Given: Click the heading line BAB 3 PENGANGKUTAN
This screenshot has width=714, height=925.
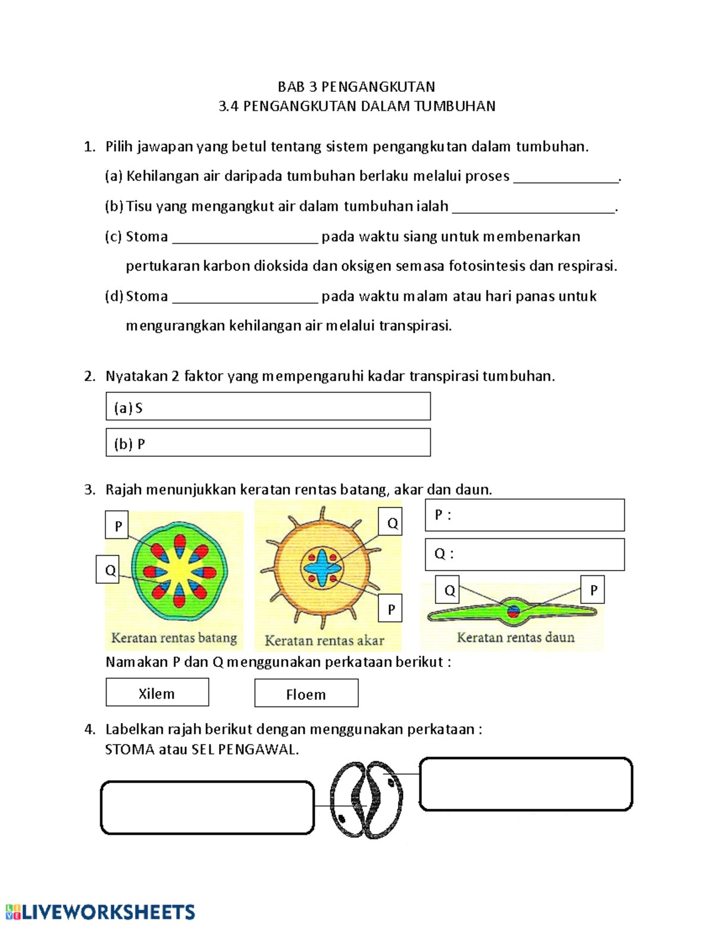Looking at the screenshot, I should tap(356, 87).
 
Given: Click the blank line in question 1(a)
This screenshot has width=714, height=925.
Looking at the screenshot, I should tap(566, 177).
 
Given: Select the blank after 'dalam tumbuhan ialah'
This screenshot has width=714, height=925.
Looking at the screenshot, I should tap(533, 208).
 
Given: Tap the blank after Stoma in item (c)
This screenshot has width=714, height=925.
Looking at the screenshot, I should tap(245, 238).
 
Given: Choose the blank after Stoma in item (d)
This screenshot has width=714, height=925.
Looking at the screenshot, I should tap(245, 298).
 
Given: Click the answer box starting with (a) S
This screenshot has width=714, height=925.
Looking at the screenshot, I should tap(268, 407).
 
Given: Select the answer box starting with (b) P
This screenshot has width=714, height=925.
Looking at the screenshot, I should tap(268, 443).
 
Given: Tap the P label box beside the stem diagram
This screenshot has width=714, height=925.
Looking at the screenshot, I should tap(117, 525).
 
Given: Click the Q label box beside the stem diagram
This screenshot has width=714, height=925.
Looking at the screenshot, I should tap(108, 570).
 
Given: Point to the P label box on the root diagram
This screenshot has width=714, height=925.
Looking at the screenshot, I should tap(390, 609).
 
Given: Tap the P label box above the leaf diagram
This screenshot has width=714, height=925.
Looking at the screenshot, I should tap(593, 590).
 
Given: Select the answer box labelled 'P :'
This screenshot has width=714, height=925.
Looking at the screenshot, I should tap(525, 515).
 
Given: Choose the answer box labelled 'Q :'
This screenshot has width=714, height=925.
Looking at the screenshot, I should tap(525, 555).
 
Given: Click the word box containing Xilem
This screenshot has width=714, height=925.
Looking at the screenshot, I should tap(157, 693).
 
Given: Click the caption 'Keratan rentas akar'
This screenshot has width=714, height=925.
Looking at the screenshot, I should tap(324, 641).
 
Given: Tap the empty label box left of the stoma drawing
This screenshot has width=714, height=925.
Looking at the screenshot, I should tap(207, 808).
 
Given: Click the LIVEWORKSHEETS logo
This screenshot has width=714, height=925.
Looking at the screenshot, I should tap(100, 912).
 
